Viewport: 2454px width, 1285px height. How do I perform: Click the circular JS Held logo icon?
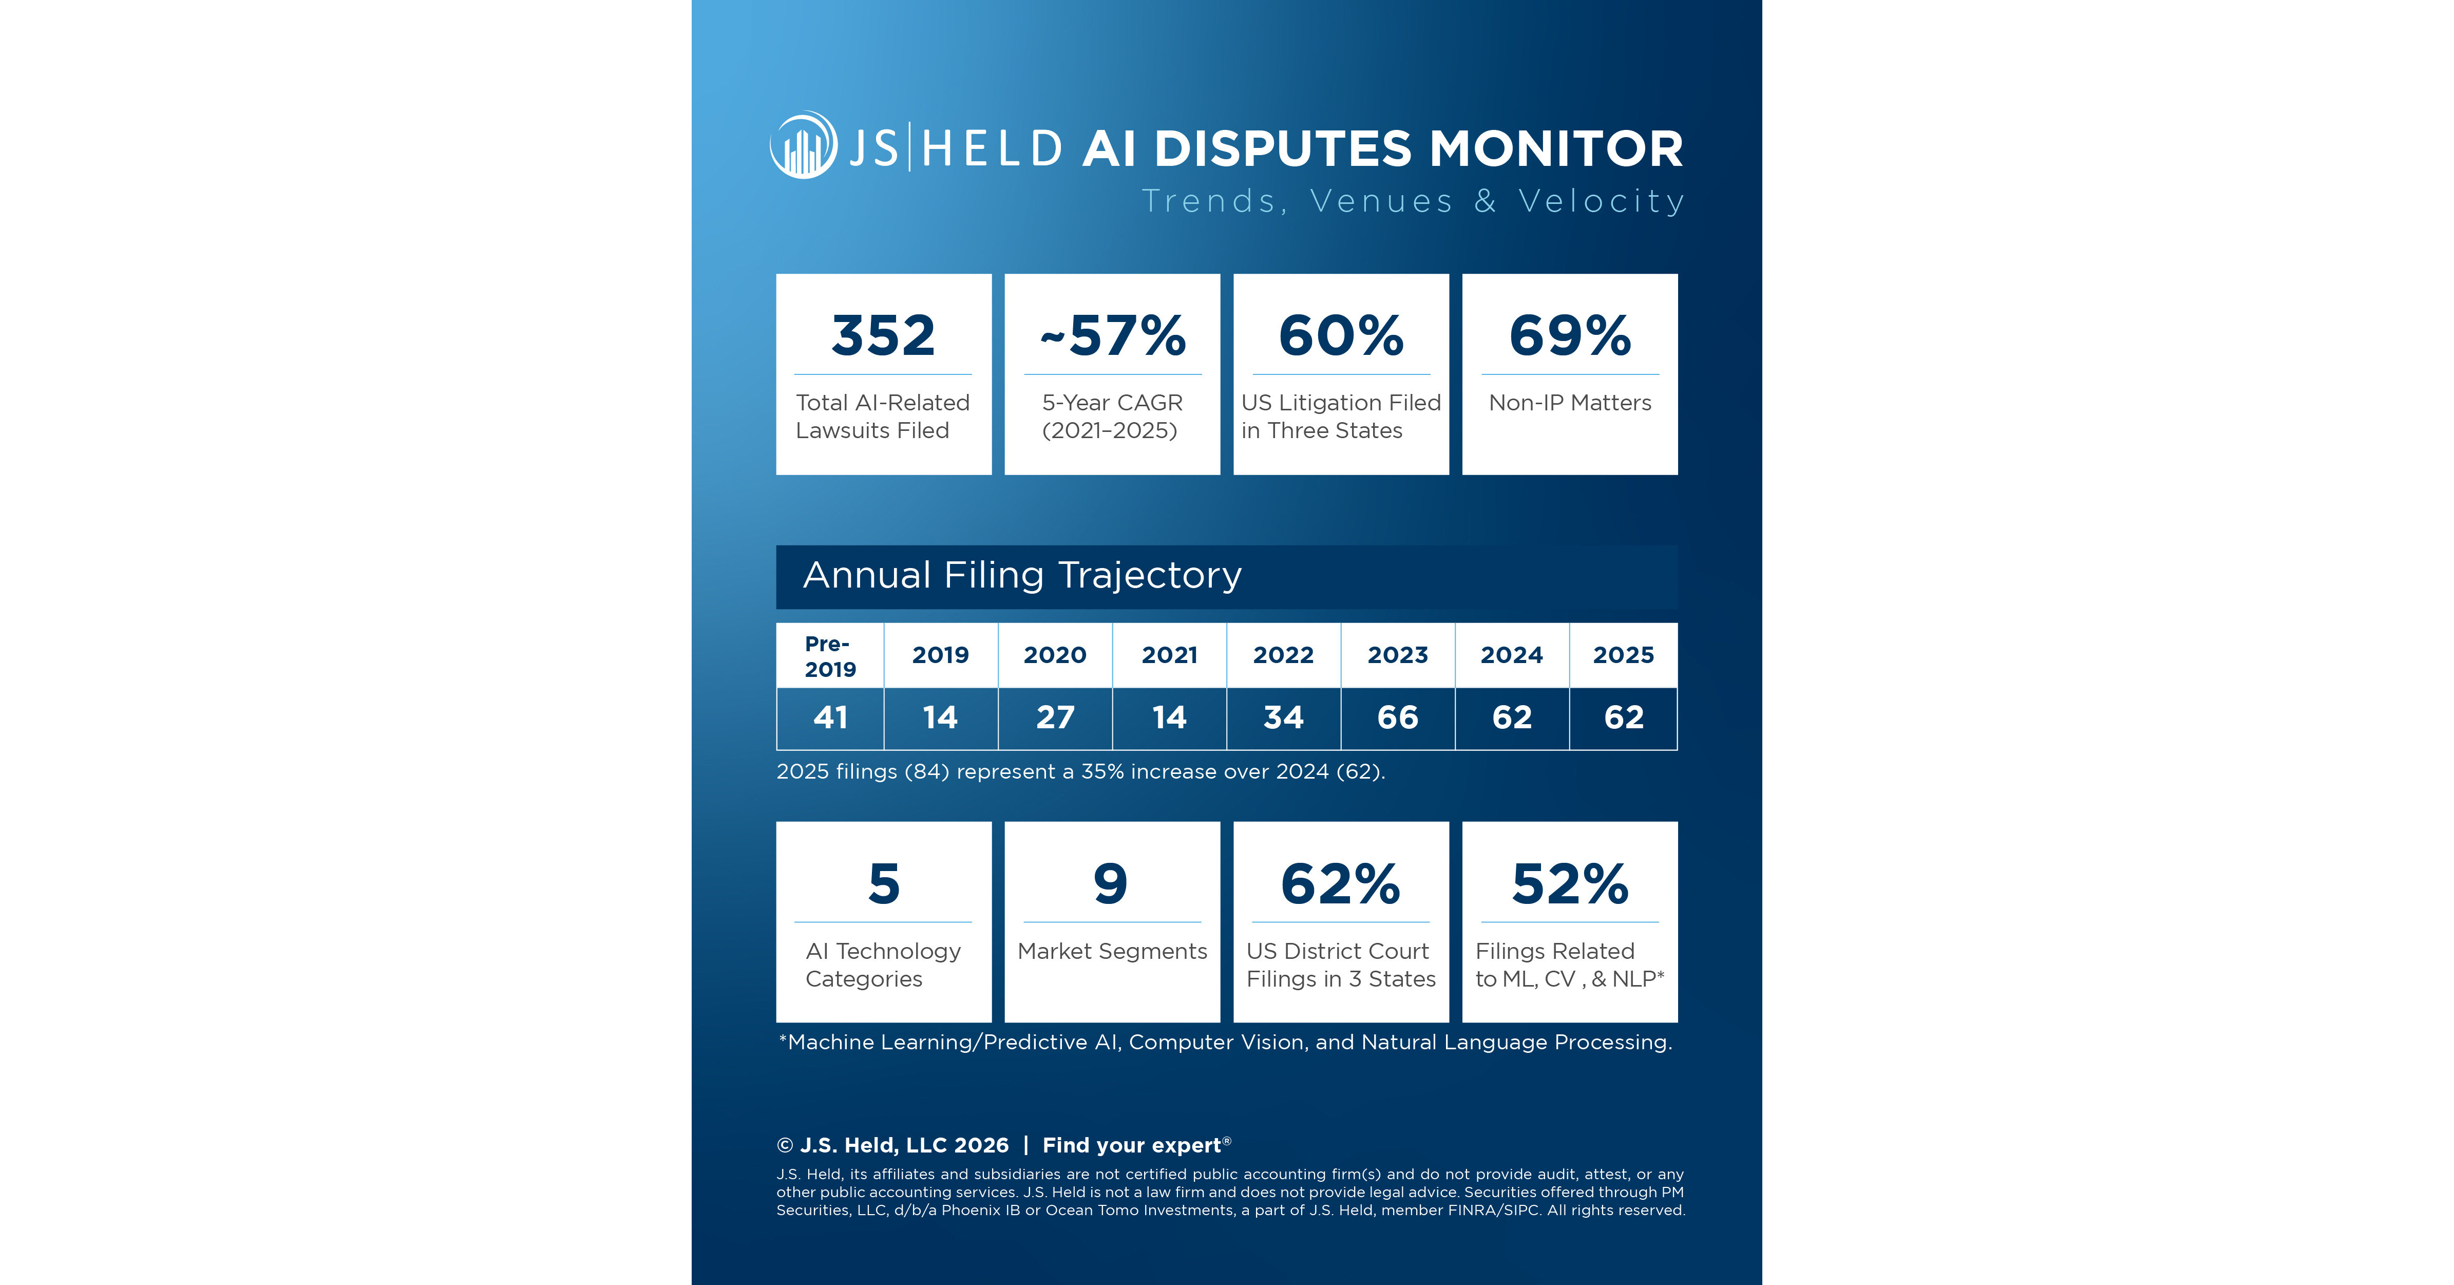pos(803,146)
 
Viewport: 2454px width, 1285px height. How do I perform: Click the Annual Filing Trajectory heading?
pos(1022,575)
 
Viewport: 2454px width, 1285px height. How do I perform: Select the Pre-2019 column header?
pos(830,656)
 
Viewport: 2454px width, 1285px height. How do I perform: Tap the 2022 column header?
pos(1283,655)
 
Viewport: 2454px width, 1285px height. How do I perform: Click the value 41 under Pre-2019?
pos(830,717)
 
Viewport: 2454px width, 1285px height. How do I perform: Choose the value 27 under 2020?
pos(1055,717)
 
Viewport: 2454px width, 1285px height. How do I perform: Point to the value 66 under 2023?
pos(1398,717)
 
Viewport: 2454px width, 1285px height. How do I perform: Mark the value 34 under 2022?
pos(1283,717)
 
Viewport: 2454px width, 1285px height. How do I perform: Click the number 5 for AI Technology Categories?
pos(883,884)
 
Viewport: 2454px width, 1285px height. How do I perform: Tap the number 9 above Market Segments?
pos(1111,884)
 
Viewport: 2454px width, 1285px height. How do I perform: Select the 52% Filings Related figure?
pos(1570,884)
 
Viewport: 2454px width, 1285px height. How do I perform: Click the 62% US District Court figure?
pos(1340,884)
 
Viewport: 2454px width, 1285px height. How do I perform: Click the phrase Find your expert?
pos(1132,1145)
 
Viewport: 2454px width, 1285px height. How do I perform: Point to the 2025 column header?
pos(1623,655)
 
